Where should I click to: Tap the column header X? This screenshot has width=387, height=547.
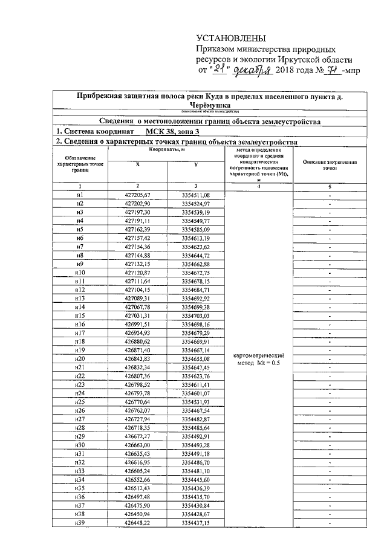(x=137, y=164)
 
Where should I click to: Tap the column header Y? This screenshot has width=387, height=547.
(x=195, y=164)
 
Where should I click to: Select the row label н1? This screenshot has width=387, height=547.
(x=79, y=195)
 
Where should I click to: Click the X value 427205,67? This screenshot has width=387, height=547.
(x=137, y=195)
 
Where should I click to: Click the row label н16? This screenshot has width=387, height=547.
(x=79, y=324)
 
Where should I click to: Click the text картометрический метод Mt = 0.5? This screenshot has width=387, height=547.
(x=258, y=358)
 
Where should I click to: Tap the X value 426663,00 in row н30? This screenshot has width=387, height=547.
(x=137, y=444)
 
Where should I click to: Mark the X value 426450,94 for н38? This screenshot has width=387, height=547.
(x=137, y=513)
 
